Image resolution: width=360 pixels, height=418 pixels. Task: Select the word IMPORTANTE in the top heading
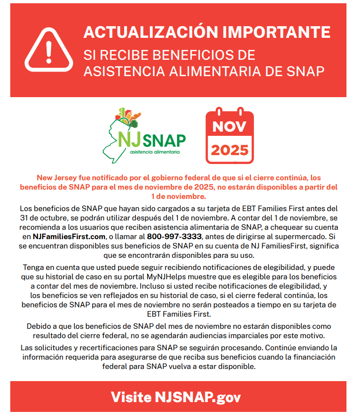(276, 32)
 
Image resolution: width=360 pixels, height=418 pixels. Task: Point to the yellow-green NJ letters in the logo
(127, 139)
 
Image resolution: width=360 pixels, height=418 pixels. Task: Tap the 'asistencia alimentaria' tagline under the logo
(154, 152)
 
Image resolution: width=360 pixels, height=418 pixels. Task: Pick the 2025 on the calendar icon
(229, 150)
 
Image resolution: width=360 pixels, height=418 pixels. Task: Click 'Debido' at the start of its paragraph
(39, 326)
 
